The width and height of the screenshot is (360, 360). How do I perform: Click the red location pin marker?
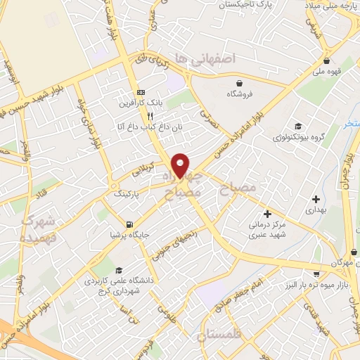181,164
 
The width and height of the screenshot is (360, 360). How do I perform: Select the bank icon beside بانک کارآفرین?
141,91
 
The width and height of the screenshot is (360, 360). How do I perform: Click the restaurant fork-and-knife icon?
150,116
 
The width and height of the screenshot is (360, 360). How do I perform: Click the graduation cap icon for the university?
119,270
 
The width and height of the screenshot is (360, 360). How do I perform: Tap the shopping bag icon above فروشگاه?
240,82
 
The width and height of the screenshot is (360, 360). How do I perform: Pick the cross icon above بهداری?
316,199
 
